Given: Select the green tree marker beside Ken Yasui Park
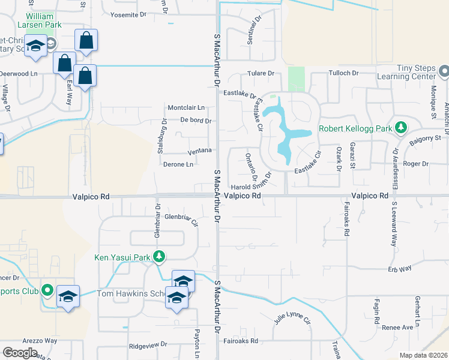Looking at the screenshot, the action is click(158, 258).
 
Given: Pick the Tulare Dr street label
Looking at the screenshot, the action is click(261, 74).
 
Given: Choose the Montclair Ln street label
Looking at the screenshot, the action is click(186, 108).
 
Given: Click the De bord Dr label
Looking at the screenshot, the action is click(196, 121).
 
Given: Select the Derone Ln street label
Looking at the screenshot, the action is click(182, 164).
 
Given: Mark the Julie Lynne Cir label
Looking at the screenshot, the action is click(292, 315).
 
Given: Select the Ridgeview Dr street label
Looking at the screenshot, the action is click(148, 346).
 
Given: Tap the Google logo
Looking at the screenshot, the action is click(20, 353).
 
